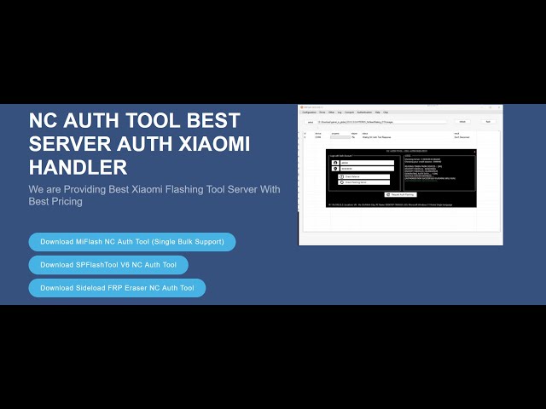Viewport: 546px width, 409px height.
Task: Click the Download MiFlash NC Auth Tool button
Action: coord(131,242)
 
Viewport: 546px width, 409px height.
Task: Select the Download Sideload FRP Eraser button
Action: coord(117,288)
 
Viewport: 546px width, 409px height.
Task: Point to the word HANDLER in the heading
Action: coord(78,166)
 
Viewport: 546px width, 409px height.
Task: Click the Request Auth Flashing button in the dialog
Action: coord(400,194)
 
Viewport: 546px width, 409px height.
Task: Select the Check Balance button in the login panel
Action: coord(364,176)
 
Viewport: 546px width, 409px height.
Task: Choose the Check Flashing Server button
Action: coord(364,182)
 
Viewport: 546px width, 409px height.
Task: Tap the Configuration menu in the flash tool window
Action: coord(309,112)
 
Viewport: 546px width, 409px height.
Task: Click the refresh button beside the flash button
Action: coord(463,122)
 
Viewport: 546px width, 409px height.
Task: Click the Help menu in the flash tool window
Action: coord(377,112)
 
